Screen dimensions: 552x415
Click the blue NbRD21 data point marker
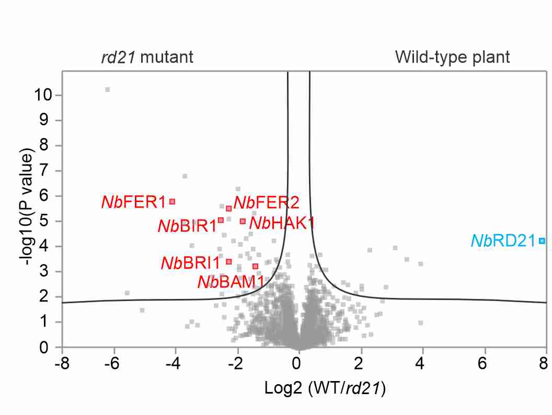(542, 241)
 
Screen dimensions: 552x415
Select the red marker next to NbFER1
(172, 202)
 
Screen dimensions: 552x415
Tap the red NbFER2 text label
(267, 202)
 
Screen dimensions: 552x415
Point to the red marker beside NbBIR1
(221, 221)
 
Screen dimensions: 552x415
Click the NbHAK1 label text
(282, 223)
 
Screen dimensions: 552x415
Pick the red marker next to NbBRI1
(228, 261)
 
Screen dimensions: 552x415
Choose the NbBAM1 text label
(231, 282)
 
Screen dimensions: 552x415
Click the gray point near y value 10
(107, 90)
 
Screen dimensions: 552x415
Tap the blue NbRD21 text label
(504, 241)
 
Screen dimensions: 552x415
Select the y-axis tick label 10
(43, 95)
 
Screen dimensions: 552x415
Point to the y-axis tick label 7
(44, 171)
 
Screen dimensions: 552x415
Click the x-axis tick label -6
(112, 363)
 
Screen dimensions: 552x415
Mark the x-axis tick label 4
(420, 363)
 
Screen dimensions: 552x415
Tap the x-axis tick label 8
(544, 363)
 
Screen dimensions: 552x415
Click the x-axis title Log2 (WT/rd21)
(325, 388)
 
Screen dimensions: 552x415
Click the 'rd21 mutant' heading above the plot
(147, 57)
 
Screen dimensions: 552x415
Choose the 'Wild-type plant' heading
(452, 57)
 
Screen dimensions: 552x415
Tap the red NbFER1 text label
(133, 202)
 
